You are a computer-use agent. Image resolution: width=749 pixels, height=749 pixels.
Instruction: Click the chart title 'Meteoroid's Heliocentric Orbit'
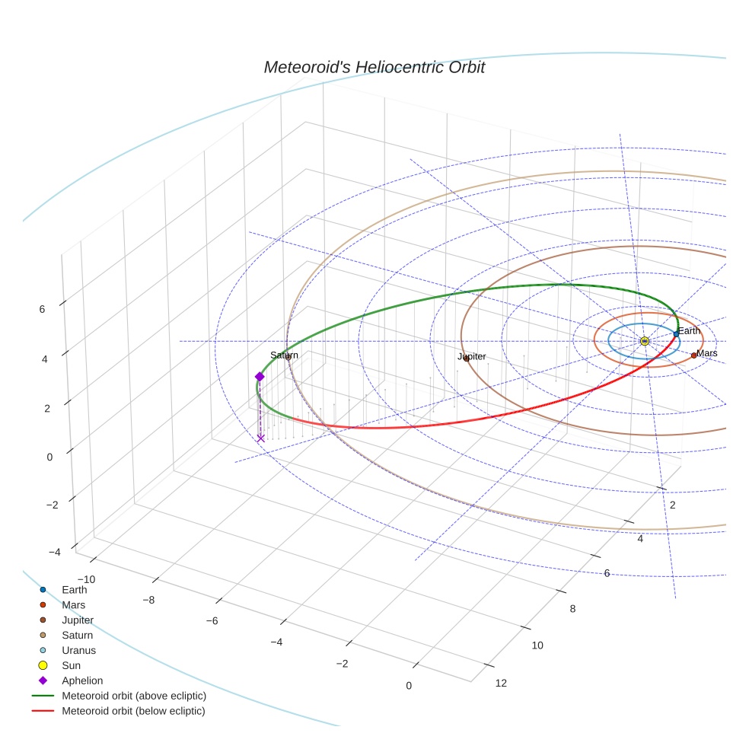point(374,67)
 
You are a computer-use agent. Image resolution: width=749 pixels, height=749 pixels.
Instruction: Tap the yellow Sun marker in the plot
point(644,341)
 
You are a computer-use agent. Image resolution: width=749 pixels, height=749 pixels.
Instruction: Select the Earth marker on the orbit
point(676,334)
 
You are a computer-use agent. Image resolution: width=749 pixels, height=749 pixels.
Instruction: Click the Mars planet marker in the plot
point(693,355)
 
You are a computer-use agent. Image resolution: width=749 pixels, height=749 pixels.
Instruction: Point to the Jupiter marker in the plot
point(467,359)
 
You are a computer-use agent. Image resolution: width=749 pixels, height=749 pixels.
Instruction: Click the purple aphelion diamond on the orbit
point(260,377)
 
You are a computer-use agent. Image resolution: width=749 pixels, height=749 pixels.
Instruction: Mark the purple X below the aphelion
point(260,438)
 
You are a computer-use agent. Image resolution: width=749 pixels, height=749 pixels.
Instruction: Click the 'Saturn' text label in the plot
point(284,355)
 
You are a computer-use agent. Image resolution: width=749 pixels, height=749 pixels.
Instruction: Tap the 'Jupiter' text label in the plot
point(471,356)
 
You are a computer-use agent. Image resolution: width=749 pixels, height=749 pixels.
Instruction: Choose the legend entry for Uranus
point(78,650)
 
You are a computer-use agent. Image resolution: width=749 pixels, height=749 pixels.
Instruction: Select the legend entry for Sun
point(71,665)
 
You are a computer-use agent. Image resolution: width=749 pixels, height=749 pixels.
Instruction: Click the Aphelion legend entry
point(81,680)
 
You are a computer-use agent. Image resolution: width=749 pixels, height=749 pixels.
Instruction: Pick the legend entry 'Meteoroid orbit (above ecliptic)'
point(133,696)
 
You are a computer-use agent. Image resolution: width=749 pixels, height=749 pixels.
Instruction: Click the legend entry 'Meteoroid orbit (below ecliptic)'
point(133,711)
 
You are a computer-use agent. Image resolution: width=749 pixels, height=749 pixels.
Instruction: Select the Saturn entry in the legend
point(77,635)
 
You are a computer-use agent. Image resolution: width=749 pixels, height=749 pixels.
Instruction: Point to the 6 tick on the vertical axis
point(42,309)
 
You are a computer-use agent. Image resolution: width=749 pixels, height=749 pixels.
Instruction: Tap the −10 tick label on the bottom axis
point(86,580)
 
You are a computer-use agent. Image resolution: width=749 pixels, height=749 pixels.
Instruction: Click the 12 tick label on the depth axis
point(501,683)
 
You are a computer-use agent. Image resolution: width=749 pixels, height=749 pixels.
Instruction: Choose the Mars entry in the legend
point(73,604)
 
